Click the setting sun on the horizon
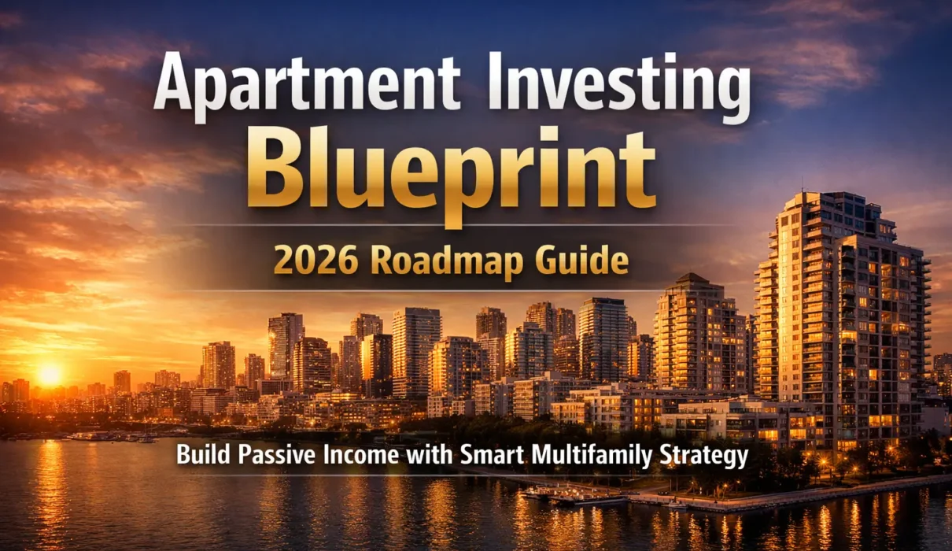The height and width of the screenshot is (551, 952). [x=50, y=375]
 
